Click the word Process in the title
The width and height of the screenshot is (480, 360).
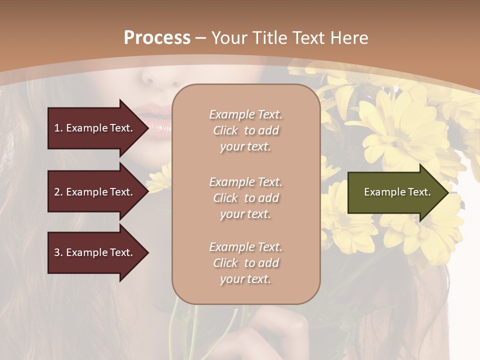click(157, 38)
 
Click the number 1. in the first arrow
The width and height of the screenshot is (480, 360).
click(58, 128)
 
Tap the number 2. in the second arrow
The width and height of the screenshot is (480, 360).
click(58, 192)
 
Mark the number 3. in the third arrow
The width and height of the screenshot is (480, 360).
click(58, 252)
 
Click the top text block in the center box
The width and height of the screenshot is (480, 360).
click(245, 130)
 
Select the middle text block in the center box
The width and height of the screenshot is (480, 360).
click(245, 198)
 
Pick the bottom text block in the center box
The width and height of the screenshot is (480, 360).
click(245, 263)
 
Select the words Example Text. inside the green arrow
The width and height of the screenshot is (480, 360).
click(397, 192)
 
